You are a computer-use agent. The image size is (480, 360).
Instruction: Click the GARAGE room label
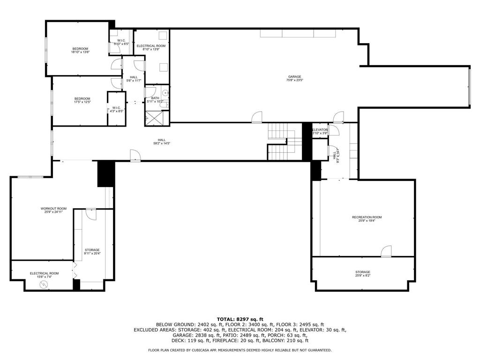294,77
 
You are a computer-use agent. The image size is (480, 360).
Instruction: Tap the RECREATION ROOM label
367,217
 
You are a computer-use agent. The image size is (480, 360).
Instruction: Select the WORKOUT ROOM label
53,209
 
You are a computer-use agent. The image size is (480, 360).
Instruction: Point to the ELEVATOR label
320,129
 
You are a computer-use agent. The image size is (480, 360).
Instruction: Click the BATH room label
155,98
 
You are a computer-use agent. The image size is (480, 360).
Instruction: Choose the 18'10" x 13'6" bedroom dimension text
80,52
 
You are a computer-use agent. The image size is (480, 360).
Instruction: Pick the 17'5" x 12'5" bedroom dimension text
82,102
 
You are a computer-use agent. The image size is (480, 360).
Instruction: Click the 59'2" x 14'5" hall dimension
161,143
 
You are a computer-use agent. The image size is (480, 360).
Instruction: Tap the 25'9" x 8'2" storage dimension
362,276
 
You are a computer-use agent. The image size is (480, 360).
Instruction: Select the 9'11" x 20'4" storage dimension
92,254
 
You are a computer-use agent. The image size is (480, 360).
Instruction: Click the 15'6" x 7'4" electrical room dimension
44,277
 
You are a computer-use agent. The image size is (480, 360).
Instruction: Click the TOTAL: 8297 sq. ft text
240,319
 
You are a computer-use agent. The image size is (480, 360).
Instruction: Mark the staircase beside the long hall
280,141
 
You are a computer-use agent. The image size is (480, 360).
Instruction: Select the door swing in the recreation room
386,252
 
